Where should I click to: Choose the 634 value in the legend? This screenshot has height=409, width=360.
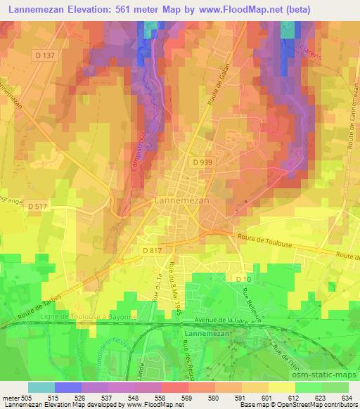click(x=347, y=398)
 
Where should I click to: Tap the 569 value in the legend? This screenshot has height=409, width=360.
click(x=188, y=398)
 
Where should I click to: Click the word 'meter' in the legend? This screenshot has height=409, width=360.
click(x=11, y=398)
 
